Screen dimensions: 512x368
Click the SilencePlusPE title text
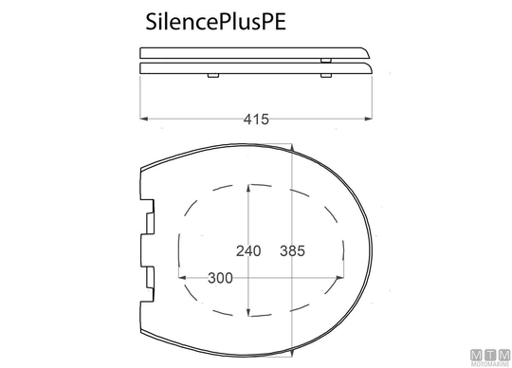tap(216, 22)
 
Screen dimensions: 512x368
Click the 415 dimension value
tap(256, 120)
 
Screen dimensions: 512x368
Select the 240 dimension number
tap(248, 250)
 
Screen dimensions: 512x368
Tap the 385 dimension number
tap(292, 250)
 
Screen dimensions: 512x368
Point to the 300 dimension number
tap(220, 278)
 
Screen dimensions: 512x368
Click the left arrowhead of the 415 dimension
tap(144, 119)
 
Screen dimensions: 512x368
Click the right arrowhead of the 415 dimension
tap(369, 119)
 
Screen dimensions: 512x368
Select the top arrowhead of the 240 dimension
tap(248, 189)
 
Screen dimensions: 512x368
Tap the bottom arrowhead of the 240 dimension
tap(248, 312)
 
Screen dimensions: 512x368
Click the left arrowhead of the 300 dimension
tap(183, 278)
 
